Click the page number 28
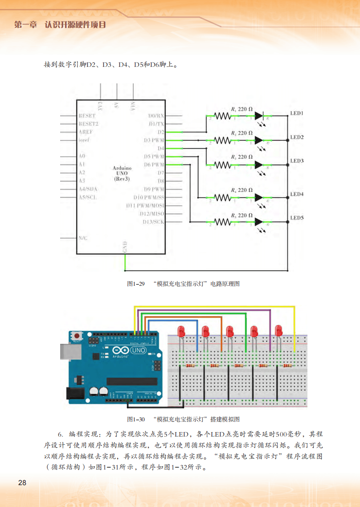click(22, 483)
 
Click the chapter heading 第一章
click(26, 25)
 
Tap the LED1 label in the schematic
click(297, 113)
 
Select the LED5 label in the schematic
click(297, 218)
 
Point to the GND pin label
click(125, 247)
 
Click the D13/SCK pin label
click(153, 222)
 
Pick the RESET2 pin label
click(88, 124)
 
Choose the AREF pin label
click(86, 132)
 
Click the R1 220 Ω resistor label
click(242, 109)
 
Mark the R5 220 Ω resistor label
click(242, 215)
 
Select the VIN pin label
click(132, 106)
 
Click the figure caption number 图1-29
click(136, 284)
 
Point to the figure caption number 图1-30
click(136, 419)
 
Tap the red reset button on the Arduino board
click(78, 336)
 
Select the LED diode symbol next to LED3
click(259, 165)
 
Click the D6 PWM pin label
click(154, 165)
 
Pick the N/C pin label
click(83, 238)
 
